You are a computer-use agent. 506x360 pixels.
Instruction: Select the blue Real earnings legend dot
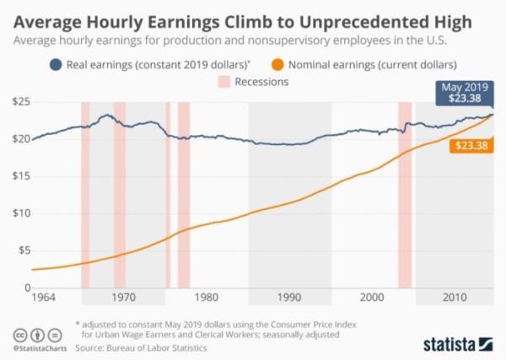click(57, 63)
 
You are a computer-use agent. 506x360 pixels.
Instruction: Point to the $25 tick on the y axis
click(19, 102)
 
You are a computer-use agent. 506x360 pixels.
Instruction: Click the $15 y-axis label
click(19, 176)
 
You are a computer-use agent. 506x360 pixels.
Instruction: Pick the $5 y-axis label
click(22, 250)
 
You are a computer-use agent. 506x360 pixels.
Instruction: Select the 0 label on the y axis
click(26, 287)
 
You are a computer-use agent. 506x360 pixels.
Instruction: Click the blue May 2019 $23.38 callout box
click(466, 93)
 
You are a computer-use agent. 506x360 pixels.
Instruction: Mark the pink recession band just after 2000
click(405, 194)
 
